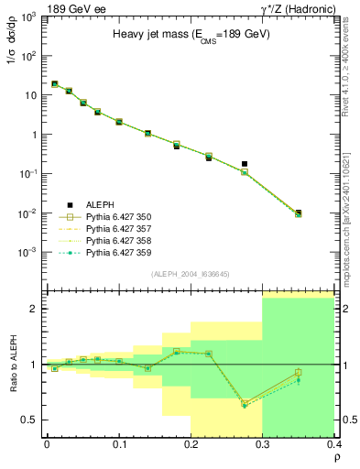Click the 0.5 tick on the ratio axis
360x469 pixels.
click(x=32, y=420)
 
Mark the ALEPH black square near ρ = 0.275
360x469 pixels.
click(x=245, y=164)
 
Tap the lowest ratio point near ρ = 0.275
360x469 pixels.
click(x=245, y=405)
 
